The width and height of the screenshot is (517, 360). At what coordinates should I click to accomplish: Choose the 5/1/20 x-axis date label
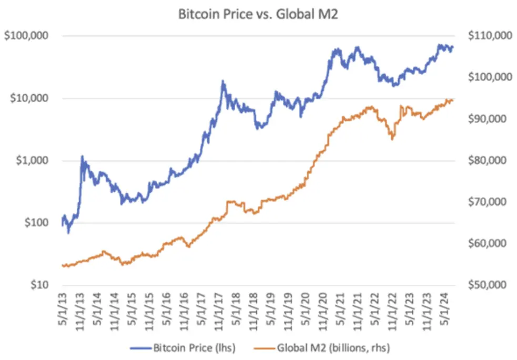[x=306, y=308]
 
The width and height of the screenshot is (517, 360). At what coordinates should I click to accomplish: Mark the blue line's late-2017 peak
[x=223, y=81]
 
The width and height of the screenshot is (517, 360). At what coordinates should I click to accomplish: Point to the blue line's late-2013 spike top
[x=82, y=156]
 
